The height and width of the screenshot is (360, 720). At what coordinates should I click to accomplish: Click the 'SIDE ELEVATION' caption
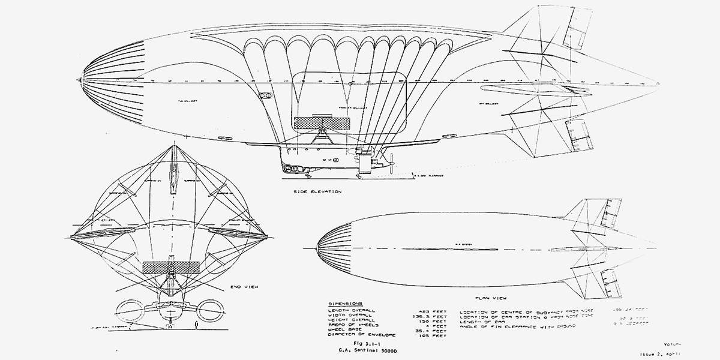tap(317, 192)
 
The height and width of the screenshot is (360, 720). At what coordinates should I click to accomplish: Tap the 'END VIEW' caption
tap(244, 288)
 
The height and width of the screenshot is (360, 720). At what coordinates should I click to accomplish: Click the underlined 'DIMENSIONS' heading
tap(346, 304)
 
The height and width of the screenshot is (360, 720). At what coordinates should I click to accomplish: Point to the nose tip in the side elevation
tap(78, 79)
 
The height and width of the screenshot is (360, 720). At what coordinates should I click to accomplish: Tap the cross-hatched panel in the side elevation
tap(322, 123)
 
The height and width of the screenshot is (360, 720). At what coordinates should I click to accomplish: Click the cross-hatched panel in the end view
tap(171, 268)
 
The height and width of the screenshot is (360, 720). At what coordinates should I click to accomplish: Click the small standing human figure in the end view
tap(197, 325)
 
